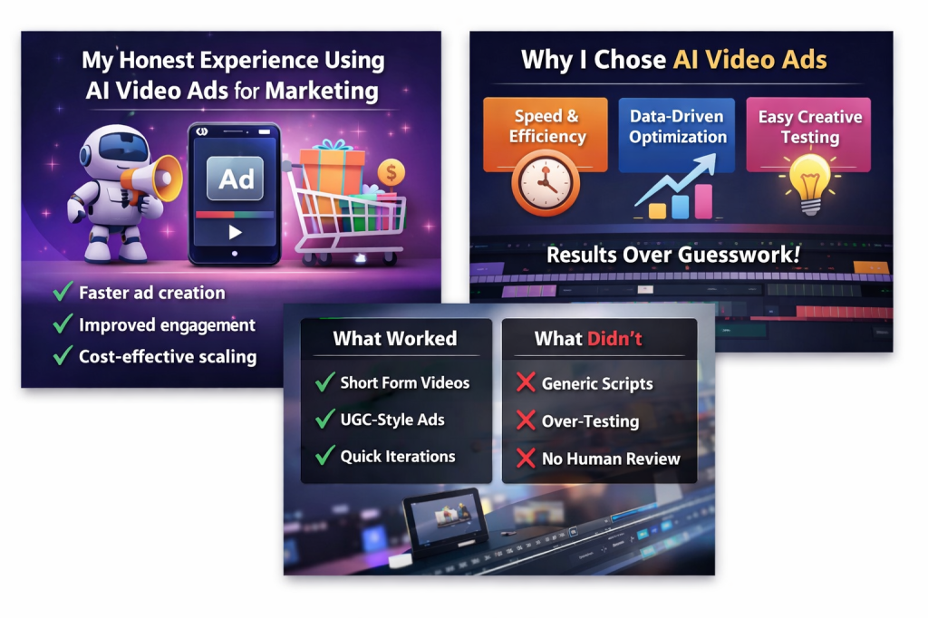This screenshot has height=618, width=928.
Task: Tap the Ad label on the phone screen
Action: coord(236,179)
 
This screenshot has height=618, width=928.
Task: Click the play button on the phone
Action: coord(235,232)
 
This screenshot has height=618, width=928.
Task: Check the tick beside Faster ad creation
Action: coord(63,293)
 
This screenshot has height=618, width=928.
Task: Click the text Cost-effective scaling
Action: coord(167,356)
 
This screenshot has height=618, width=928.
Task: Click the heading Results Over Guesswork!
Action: coord(672,256)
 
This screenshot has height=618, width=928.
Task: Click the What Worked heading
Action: coord(395,339)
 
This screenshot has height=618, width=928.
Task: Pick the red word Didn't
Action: coord(615,339)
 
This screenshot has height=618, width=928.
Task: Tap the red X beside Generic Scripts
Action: coord(525,383)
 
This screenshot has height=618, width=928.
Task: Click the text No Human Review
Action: coord(610,459)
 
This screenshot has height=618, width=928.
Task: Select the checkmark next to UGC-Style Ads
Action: coord(324,420)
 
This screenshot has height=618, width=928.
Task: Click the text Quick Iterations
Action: coord(397,457)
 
